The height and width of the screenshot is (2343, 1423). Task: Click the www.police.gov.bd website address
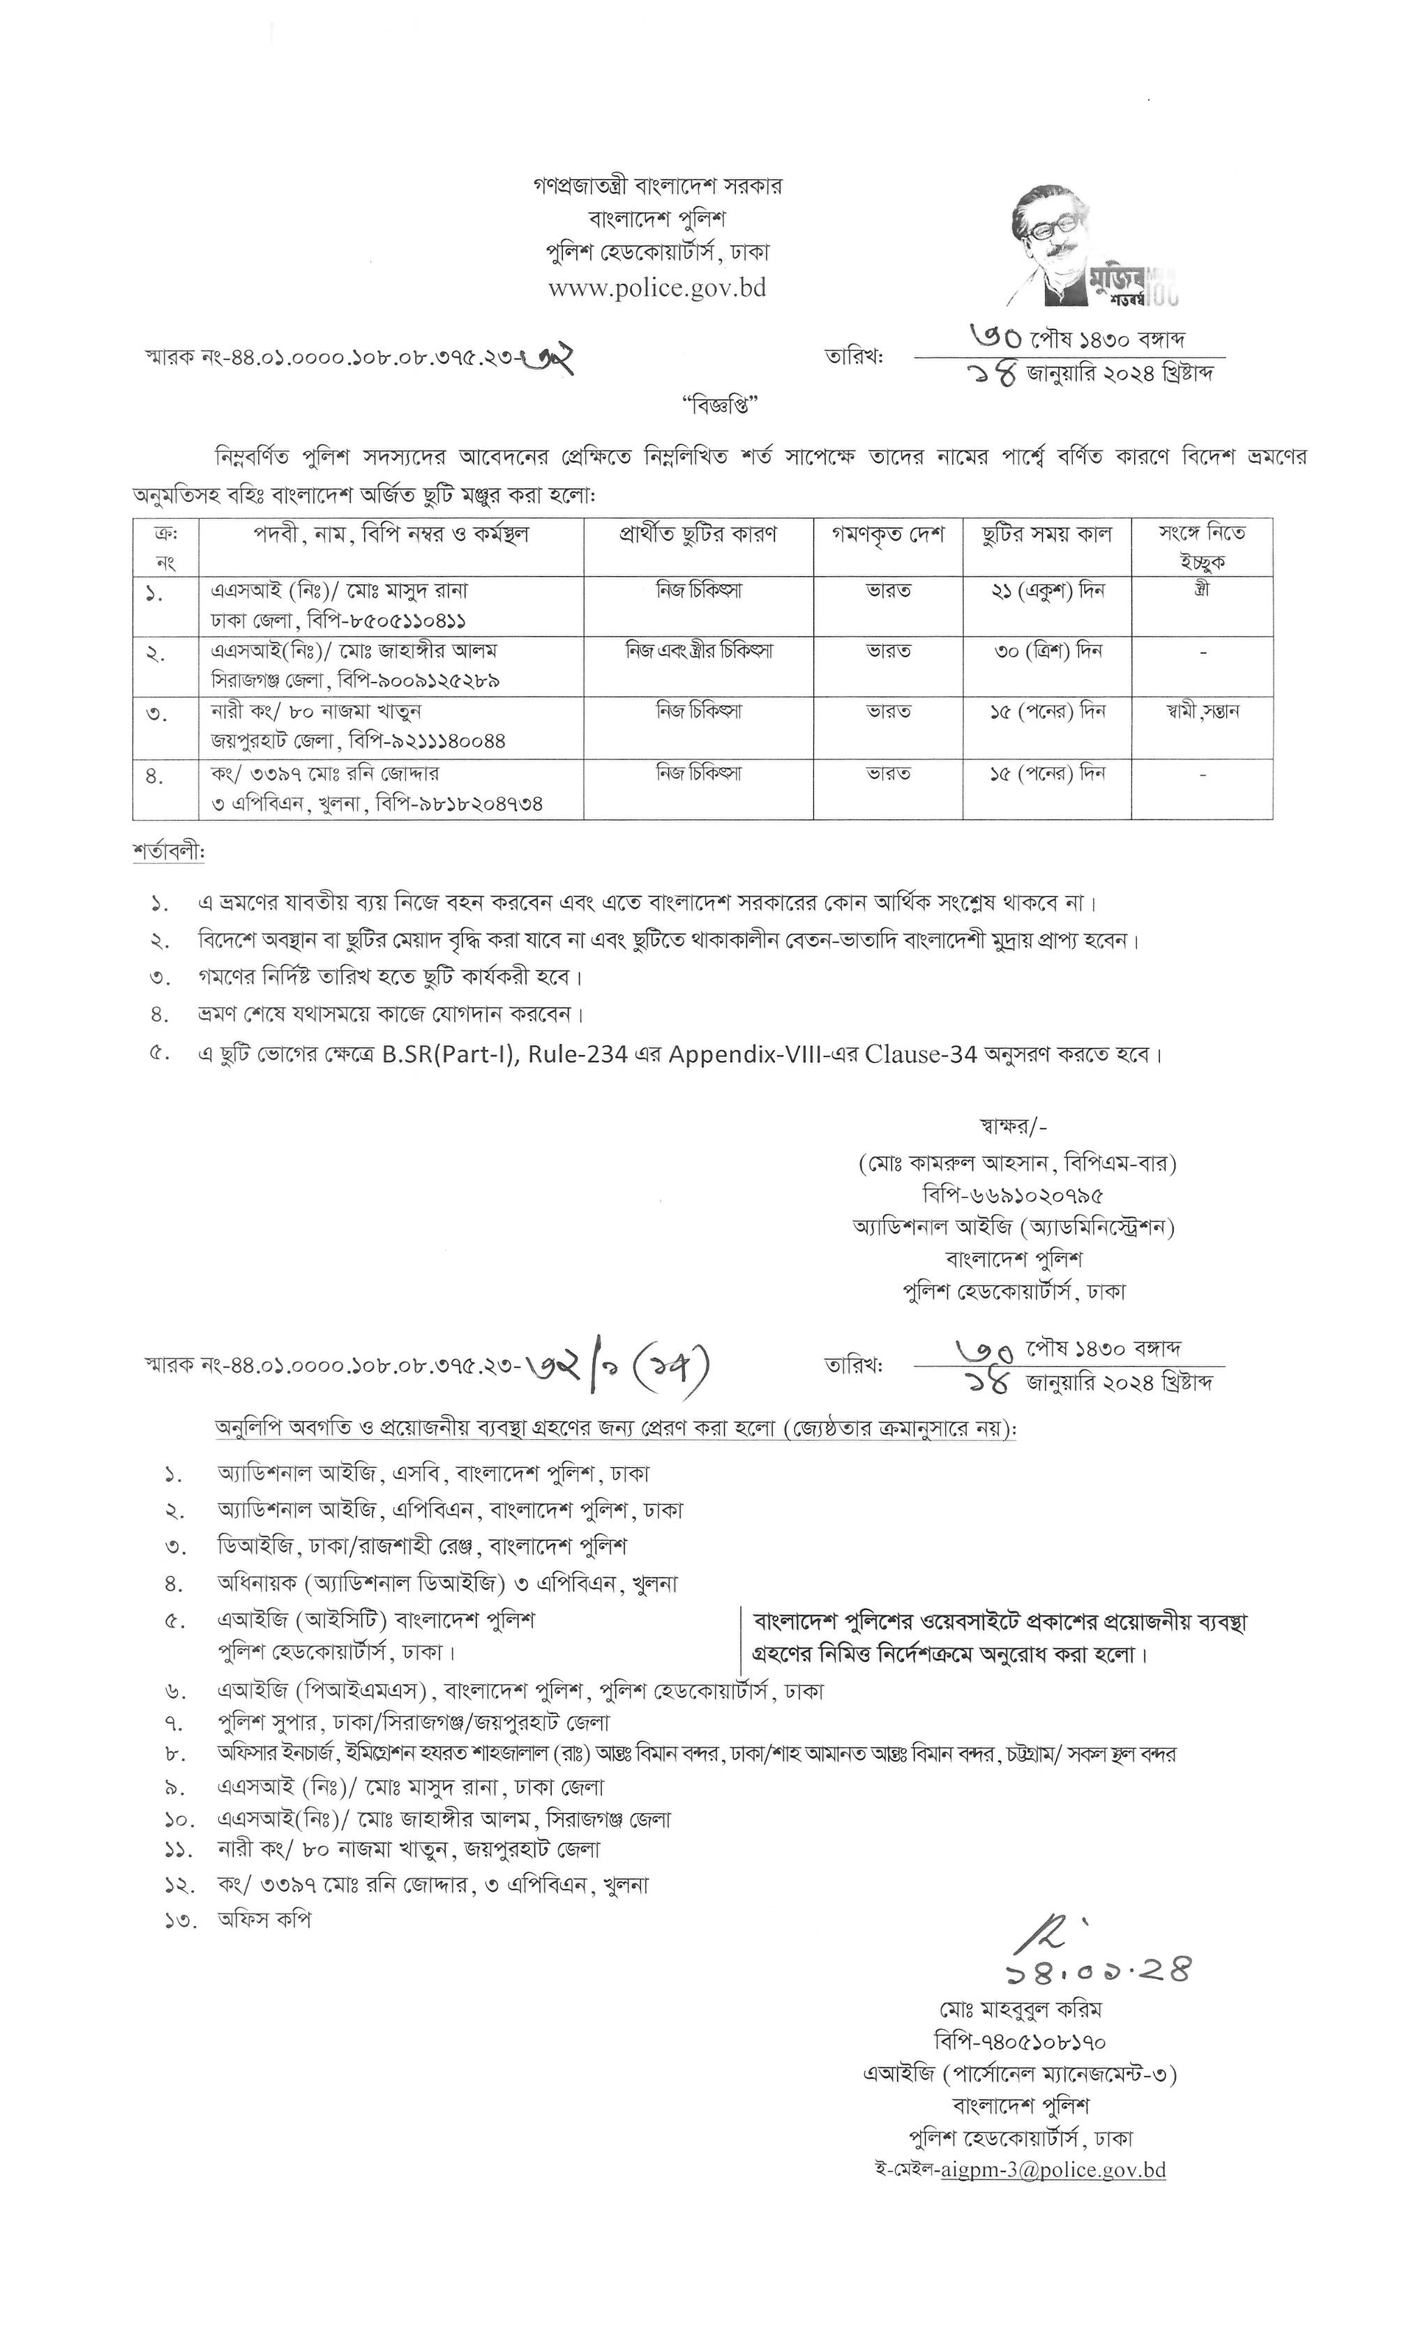click(x=657, y=288)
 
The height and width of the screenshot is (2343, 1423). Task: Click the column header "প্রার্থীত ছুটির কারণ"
click(x=698, y=533)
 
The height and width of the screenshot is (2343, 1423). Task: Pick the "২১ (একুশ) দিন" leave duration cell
click(x=1046, y=591)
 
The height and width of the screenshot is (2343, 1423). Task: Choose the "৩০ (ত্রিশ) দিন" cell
click(x=1046, y=651)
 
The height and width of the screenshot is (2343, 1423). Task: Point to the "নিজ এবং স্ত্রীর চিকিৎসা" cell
click(x=699, y=651)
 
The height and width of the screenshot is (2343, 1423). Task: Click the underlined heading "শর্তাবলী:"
click(x=168, y=852)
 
